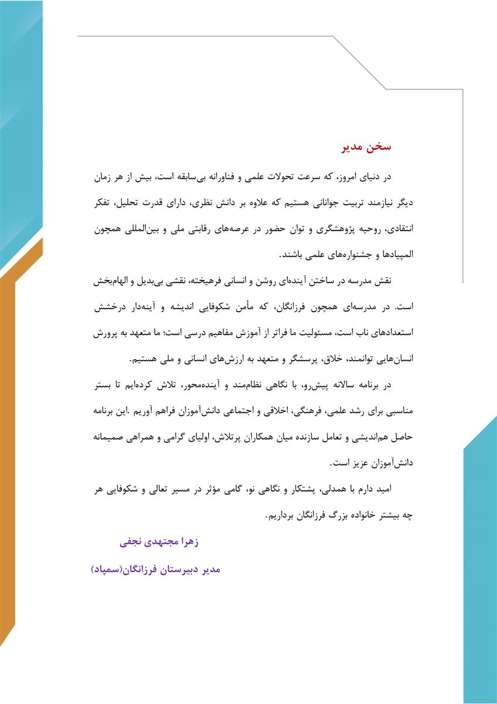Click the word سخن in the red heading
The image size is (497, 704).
click(380, 147)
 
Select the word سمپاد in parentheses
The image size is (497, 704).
click(105, 570)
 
